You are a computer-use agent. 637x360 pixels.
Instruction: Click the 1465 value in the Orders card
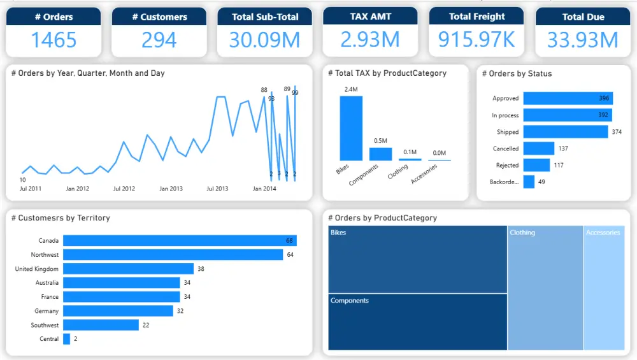pos(54,40)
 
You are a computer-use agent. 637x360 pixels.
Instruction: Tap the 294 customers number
pos(159,40)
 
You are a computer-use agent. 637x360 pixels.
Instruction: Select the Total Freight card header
pos(476,17)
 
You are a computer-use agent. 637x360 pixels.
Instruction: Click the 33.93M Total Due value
pos(583,40)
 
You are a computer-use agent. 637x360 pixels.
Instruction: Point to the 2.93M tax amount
pos(370,40)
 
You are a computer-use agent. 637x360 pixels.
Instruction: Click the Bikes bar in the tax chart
pos(351,128)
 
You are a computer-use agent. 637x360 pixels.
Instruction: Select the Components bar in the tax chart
pos(380,154)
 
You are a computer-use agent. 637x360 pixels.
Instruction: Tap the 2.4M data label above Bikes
pos(351,90)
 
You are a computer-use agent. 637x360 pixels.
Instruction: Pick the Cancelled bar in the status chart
pos(539,148)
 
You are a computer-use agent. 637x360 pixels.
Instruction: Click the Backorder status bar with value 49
pos(529,182)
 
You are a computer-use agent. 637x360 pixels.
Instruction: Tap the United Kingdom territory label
pos(37,269)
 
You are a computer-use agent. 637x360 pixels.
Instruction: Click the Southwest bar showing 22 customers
pos(101,325)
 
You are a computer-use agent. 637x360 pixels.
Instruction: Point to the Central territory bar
pos(66,339)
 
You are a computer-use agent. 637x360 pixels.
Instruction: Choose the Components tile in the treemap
pos(418,322)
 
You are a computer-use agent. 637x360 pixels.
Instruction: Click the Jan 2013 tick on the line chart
pos(171,189)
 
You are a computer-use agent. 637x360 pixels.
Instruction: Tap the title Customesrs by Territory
pos(61,218)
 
